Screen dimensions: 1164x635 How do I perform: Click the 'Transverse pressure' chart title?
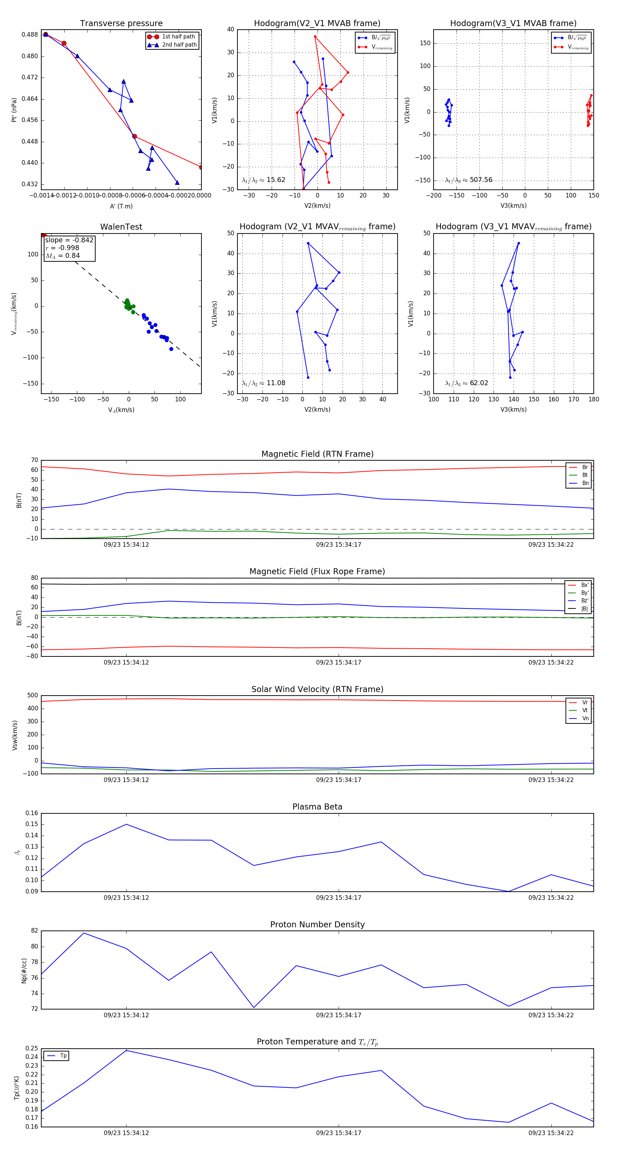(x=121, y=24)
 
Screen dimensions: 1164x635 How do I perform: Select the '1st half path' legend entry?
(x=178, y=37)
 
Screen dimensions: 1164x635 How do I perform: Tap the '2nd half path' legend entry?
(x=179, y=45)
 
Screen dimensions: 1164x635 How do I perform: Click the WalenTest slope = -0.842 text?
(x=69, y=240)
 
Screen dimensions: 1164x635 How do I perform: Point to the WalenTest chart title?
(x=121, y=227)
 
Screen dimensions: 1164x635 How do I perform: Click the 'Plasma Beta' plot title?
(x=317, y=807)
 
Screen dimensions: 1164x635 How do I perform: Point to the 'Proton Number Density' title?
(x=317, y=924)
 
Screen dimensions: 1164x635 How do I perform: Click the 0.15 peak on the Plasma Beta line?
(x=126, y=824)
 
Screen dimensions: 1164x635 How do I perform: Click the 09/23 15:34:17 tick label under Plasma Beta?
(x=339, y=897)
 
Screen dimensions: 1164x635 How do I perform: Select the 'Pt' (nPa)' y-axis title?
(x=14, y=110)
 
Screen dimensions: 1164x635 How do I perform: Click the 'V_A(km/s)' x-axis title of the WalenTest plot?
(x=121, y=410)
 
